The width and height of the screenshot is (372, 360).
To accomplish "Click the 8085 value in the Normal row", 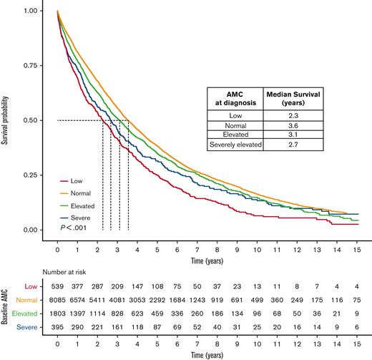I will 57,300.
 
